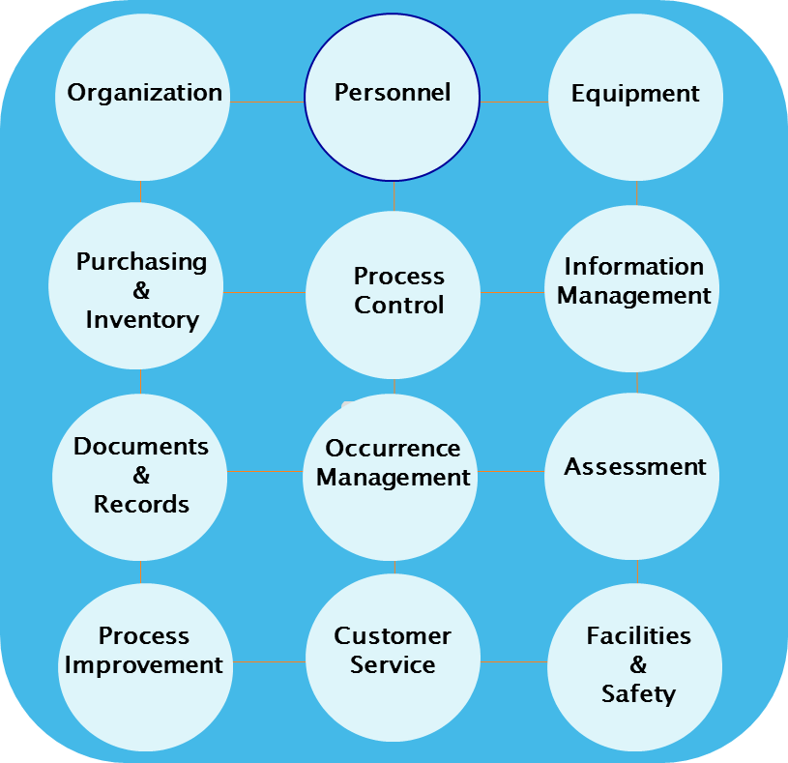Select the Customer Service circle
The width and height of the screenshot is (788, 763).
393,650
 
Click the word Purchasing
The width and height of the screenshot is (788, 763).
141,262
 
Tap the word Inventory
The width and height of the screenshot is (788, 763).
142,320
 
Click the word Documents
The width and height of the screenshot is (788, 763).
141,447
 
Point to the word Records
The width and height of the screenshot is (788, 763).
141,505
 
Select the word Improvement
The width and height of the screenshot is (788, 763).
144,665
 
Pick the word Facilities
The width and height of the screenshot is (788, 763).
638,636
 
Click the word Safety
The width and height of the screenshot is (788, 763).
638,694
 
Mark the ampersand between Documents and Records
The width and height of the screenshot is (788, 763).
141,476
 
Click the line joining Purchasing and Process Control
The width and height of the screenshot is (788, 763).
264,292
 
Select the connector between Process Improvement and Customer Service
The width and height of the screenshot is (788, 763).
269,662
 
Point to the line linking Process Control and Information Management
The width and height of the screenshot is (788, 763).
512,292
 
